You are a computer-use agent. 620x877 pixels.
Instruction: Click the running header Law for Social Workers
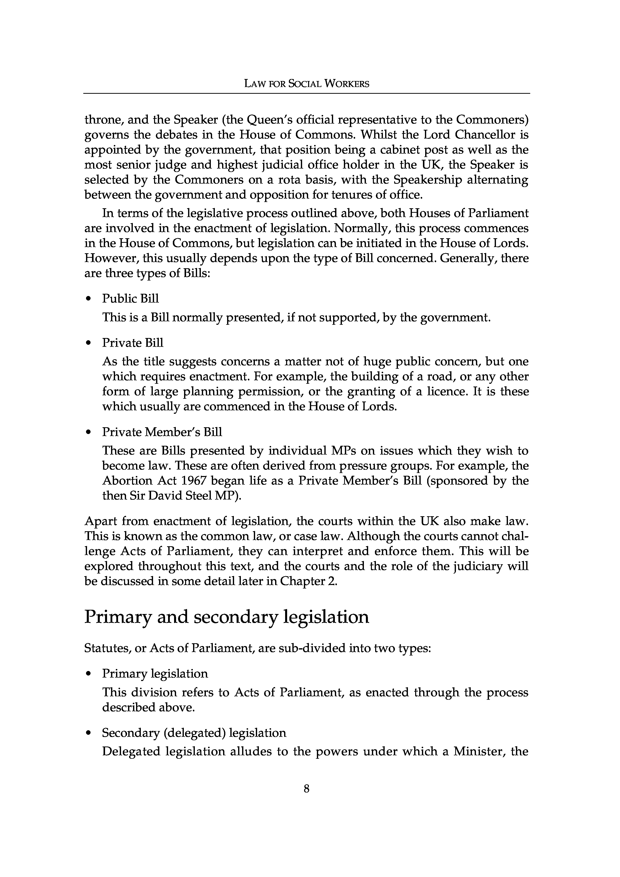[x=307, y=84]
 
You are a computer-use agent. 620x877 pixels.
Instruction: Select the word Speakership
[x=427, y=179]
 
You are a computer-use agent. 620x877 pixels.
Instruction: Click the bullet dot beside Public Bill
[x=89, y=299]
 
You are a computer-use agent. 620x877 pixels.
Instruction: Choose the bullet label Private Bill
[x=133, y=343]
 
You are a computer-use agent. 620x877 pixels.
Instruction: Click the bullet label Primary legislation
[x=155, y=673]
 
